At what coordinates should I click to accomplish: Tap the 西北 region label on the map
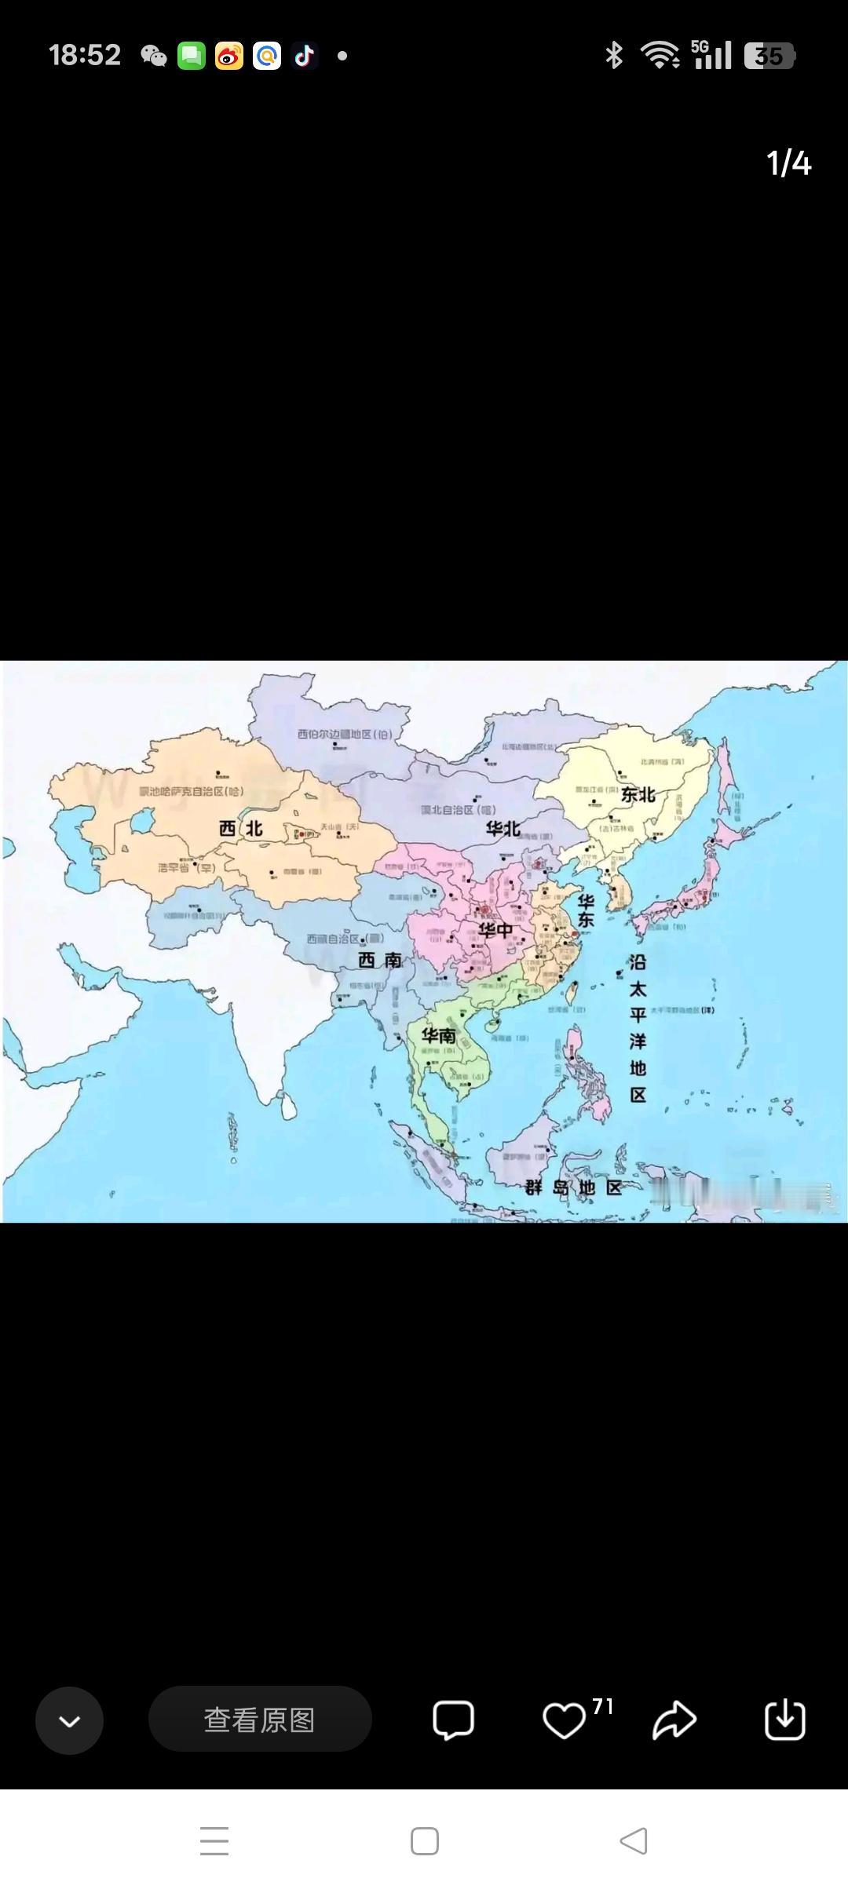tap(240, 829)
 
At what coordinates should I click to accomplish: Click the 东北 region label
tap(638, 794)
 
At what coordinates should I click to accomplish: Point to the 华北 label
tap(503, 829)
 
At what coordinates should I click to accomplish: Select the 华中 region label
tap(495, 931)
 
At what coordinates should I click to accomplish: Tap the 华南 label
tap(438, 1035)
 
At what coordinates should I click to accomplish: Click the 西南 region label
tap(380, 960)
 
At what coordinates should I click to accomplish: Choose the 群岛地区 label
tap(574, 1187)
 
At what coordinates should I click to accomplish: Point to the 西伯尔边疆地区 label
tap(344, 735)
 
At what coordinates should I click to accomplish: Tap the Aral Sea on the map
tap(142, 821)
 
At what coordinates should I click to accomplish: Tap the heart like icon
tap(564, 1720)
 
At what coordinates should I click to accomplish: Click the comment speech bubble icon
tap(453, 1720)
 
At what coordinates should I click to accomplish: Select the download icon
tap(784, 1720)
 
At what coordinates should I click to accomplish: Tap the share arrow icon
tap(674, 1720)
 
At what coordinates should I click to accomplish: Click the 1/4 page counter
tap(788, 163)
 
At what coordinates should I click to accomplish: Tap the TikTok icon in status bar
tap(305, 56)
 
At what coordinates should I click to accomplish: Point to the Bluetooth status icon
tap(614, 56)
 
